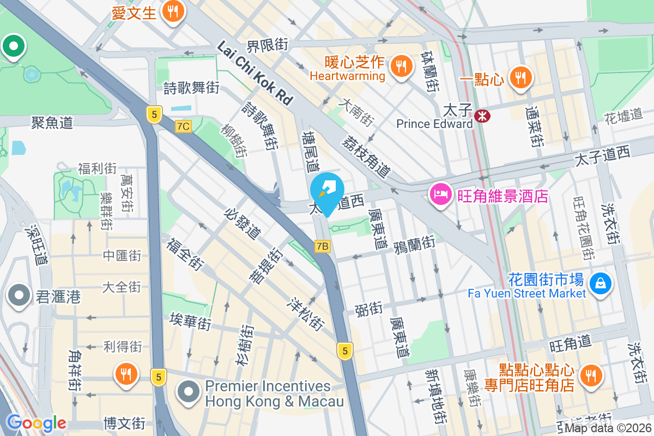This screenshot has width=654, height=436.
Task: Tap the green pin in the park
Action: pyautogui.click(x=14, y=46)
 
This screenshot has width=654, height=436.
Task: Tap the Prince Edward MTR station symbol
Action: pyautogui.click(x=482, y=116)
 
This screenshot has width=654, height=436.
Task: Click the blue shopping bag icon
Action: pyautogui.click(x=600, y=283)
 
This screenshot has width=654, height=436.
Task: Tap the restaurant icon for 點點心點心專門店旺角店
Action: pyautogui.click(x=589, y=374)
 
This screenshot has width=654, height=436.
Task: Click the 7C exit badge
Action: pyautogui.click(x=183, y=126)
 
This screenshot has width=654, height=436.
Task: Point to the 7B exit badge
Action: pyautogui.click(x=323, y=246)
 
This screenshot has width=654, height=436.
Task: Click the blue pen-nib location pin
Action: pyautogui.click(x=327, y=191)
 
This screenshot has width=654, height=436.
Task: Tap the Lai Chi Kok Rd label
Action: pyautogui.click(x=255, y=72)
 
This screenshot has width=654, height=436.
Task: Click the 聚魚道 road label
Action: pyautogui.click(x=52, y=123)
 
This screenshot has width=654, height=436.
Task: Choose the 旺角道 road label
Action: pyautogui.click(x=570, y=343)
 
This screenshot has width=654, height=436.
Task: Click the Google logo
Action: pyautogui.click(x=37, y=422)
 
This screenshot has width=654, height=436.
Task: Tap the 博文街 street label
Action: pyautogui.click(x=124, y=422)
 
